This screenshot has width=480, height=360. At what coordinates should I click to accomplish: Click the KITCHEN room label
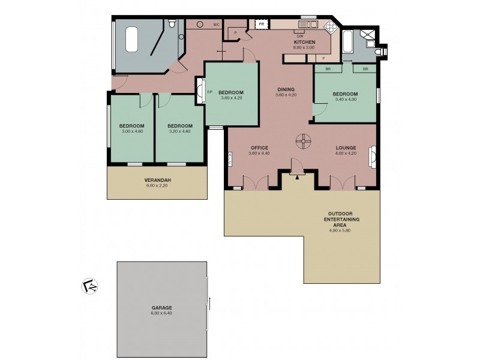(304, 41)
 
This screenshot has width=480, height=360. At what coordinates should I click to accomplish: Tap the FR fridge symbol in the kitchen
(261, 25)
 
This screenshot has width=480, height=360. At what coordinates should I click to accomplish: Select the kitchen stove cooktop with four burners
(329, 27)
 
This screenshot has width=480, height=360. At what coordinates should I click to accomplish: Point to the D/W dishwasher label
(299, 35)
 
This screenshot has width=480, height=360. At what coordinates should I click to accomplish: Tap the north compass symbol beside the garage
(89, 285)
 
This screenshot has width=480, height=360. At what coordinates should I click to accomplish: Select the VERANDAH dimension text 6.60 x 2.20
(158, 186)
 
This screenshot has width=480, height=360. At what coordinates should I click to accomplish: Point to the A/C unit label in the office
(230, 159)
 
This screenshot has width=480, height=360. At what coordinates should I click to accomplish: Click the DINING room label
(286, 89)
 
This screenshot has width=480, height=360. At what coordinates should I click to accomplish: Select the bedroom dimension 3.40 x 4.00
(345, 100)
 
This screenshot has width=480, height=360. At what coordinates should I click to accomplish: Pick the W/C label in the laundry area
(217, 25)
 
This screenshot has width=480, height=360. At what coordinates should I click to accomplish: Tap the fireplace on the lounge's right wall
(373, 157)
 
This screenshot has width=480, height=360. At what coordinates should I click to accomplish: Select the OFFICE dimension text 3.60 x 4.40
(259, 154)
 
